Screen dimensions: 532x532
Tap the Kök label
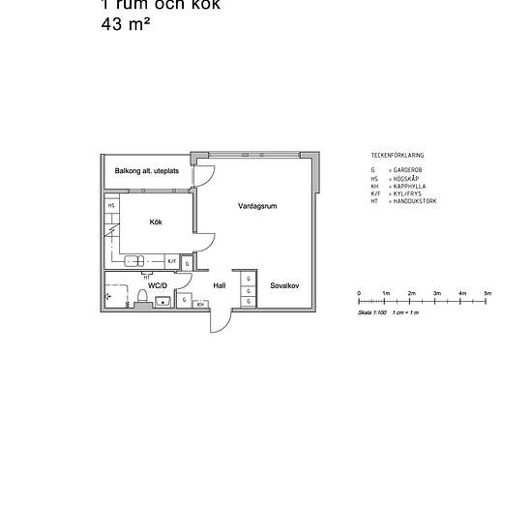click(155, 222)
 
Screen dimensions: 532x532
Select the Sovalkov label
click(284, 285)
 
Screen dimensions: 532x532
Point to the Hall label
click(220, 285)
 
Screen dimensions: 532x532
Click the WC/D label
click(158, 285)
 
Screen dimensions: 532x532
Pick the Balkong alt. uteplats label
click(147, 171)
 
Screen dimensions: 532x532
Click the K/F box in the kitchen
click(171, 261)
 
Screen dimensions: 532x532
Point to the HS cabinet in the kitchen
click(111, 205)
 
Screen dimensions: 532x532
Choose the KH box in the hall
click(200, 305)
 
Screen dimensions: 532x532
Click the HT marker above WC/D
click(146, 277)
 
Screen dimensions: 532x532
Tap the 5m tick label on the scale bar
click(488, 292)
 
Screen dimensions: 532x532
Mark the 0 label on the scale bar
click(359, 292)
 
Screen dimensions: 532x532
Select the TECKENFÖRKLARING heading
click(397, 155)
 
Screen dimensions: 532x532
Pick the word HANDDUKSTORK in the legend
click(417, 200)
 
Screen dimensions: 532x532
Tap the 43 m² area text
click(126, 25)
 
